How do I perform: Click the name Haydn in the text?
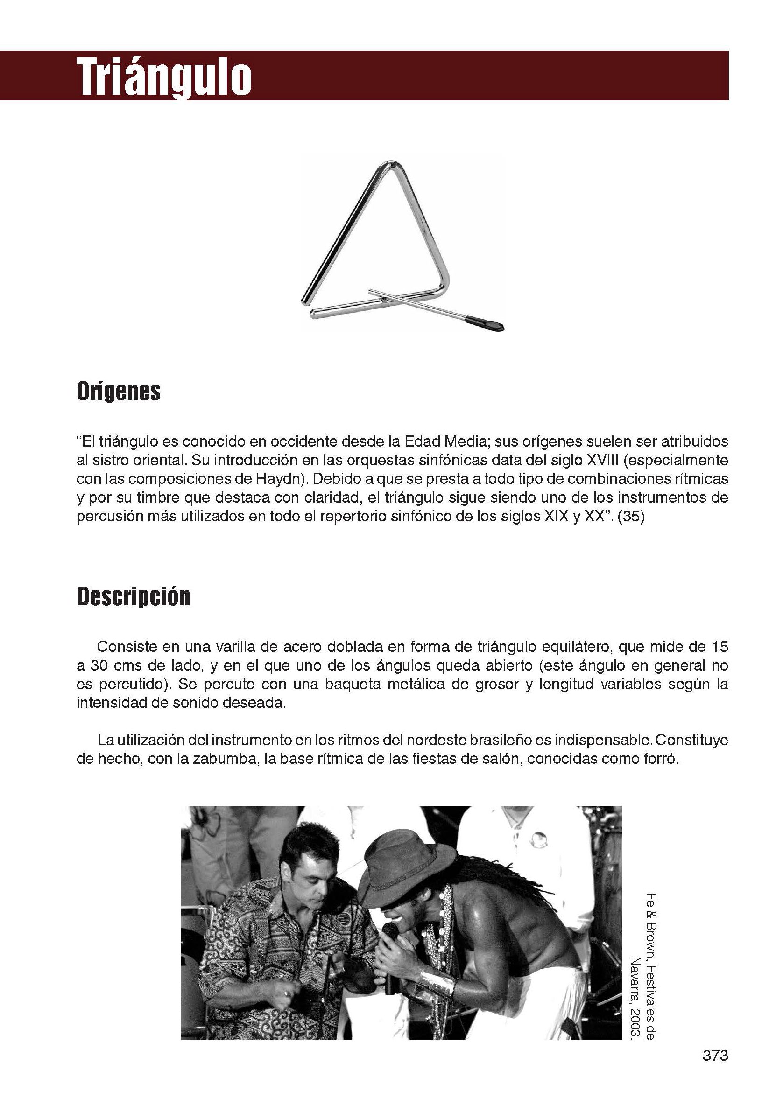pyautogui.click(x=277, y=479)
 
